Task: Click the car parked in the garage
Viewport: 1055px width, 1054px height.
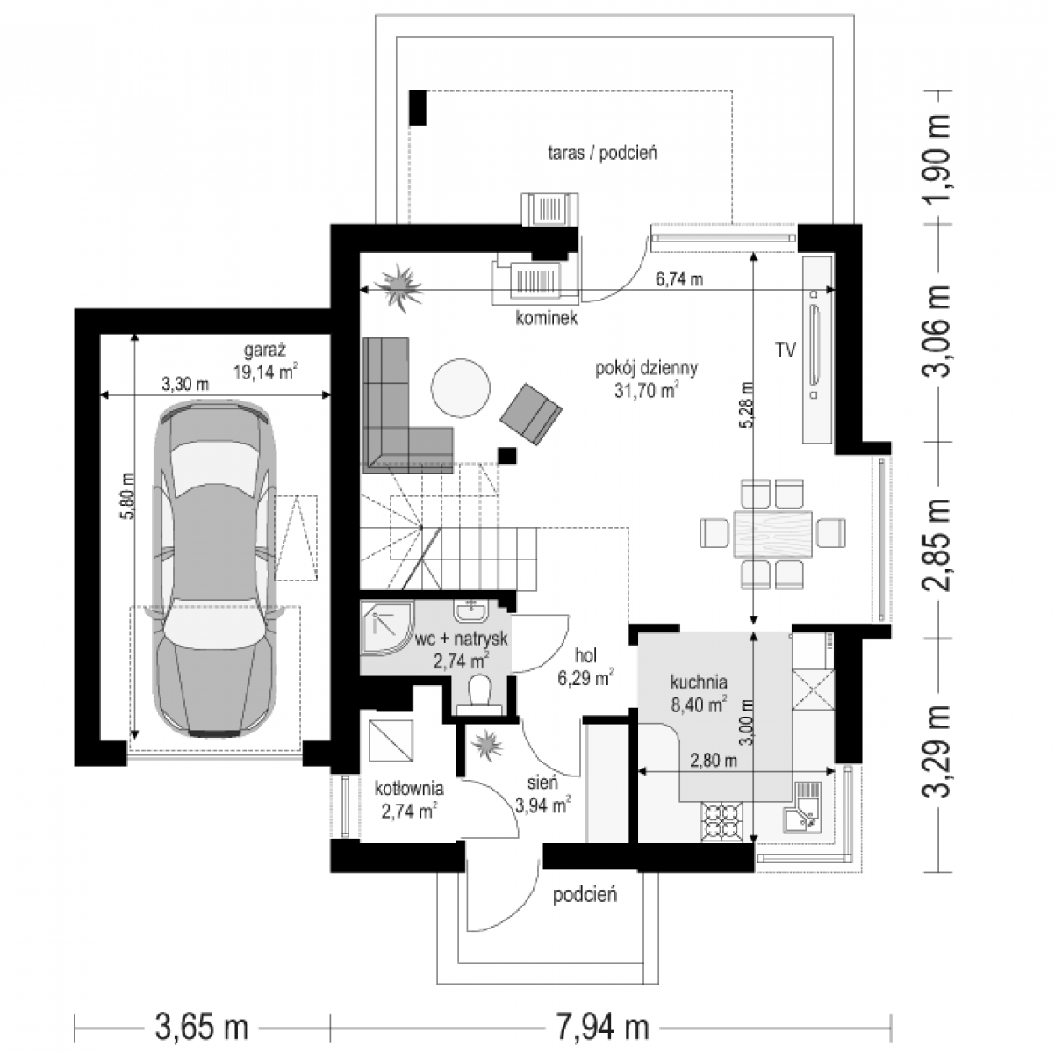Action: point(215,568)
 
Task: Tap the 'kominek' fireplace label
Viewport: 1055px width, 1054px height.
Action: point(547,318)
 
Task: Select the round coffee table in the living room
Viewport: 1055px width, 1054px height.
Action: point(461,387)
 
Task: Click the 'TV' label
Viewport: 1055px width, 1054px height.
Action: point(785,350)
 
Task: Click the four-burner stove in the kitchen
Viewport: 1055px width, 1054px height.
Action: point(722,820)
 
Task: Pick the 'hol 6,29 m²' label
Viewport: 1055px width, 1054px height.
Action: point(585,667)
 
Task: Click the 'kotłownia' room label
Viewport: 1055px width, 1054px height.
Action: point(409,789)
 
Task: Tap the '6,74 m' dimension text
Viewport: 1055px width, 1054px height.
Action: point(678,279)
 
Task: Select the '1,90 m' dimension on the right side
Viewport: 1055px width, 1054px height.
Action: point(937,158)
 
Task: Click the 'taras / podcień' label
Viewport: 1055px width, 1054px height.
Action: point(602,152)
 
